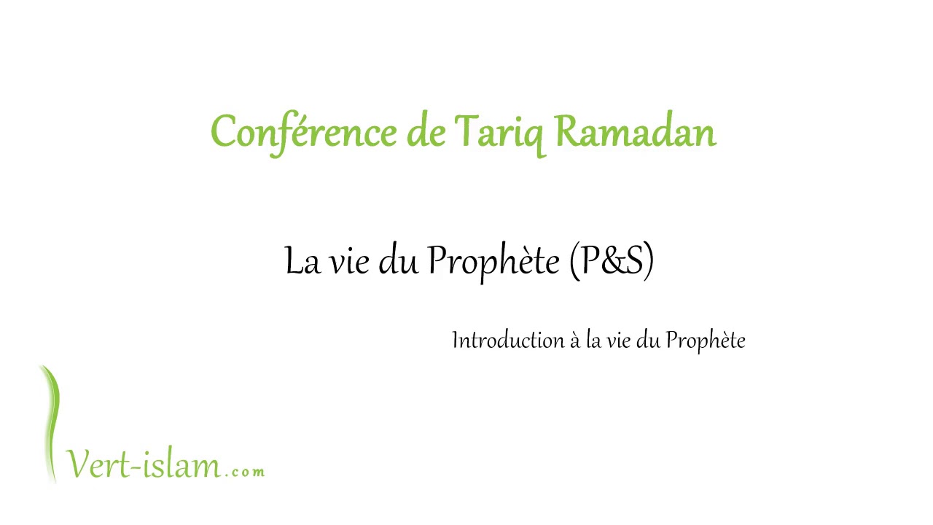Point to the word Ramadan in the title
[x=636, y=133]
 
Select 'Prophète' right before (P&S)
[x=493, y=261]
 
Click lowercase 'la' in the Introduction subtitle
[x=593, y=341]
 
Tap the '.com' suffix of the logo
[x=245, y=472]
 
